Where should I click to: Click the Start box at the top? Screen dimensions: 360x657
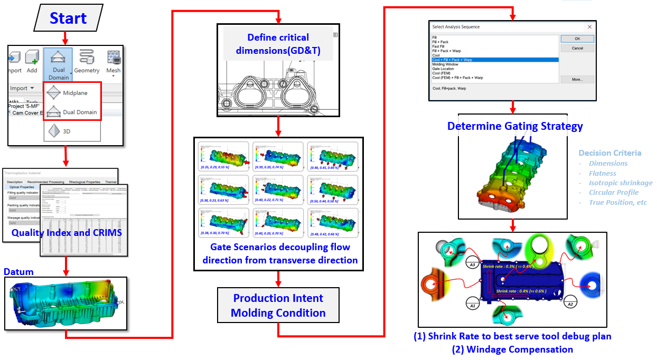(68, 18)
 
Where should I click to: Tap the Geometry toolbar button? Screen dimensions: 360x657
(87, 61)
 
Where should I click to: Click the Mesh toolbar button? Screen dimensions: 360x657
(113, 61)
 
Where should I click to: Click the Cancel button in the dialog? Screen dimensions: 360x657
(577, 48)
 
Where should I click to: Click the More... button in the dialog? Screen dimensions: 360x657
(577, 79)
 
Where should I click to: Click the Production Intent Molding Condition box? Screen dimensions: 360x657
(278, 305)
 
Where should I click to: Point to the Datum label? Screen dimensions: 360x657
(18, 272)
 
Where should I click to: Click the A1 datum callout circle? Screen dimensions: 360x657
(473, 305)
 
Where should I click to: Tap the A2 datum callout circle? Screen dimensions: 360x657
(569, 303)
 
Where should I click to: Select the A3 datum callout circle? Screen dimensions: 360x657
(473, 266)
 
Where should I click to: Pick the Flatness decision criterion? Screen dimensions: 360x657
(603, 173)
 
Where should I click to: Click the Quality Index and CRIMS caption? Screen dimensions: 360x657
(67, 232)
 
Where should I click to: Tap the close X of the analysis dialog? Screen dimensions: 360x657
(589, 26)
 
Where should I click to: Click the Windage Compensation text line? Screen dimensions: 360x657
(512, 349)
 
